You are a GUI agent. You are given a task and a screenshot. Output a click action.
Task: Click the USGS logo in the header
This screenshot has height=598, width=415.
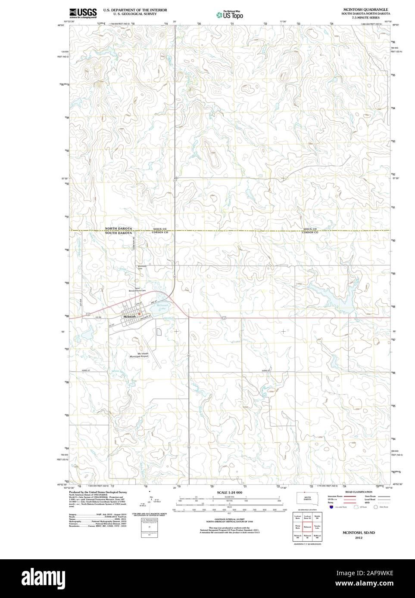(82, 12)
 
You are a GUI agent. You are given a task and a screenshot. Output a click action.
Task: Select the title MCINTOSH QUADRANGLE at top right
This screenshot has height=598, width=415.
(365, 9)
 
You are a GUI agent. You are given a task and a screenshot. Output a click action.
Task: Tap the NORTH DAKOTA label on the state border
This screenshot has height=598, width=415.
(119, 229)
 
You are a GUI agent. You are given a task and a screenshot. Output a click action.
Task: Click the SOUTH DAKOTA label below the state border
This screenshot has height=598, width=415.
(119, 233)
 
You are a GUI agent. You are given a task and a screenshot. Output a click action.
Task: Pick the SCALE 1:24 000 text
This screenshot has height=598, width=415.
(230, 492)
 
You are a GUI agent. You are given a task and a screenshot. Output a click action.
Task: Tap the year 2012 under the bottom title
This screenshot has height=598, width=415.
(359, 537)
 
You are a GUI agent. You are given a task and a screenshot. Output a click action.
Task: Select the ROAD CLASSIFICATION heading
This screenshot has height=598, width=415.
(359, 492)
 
